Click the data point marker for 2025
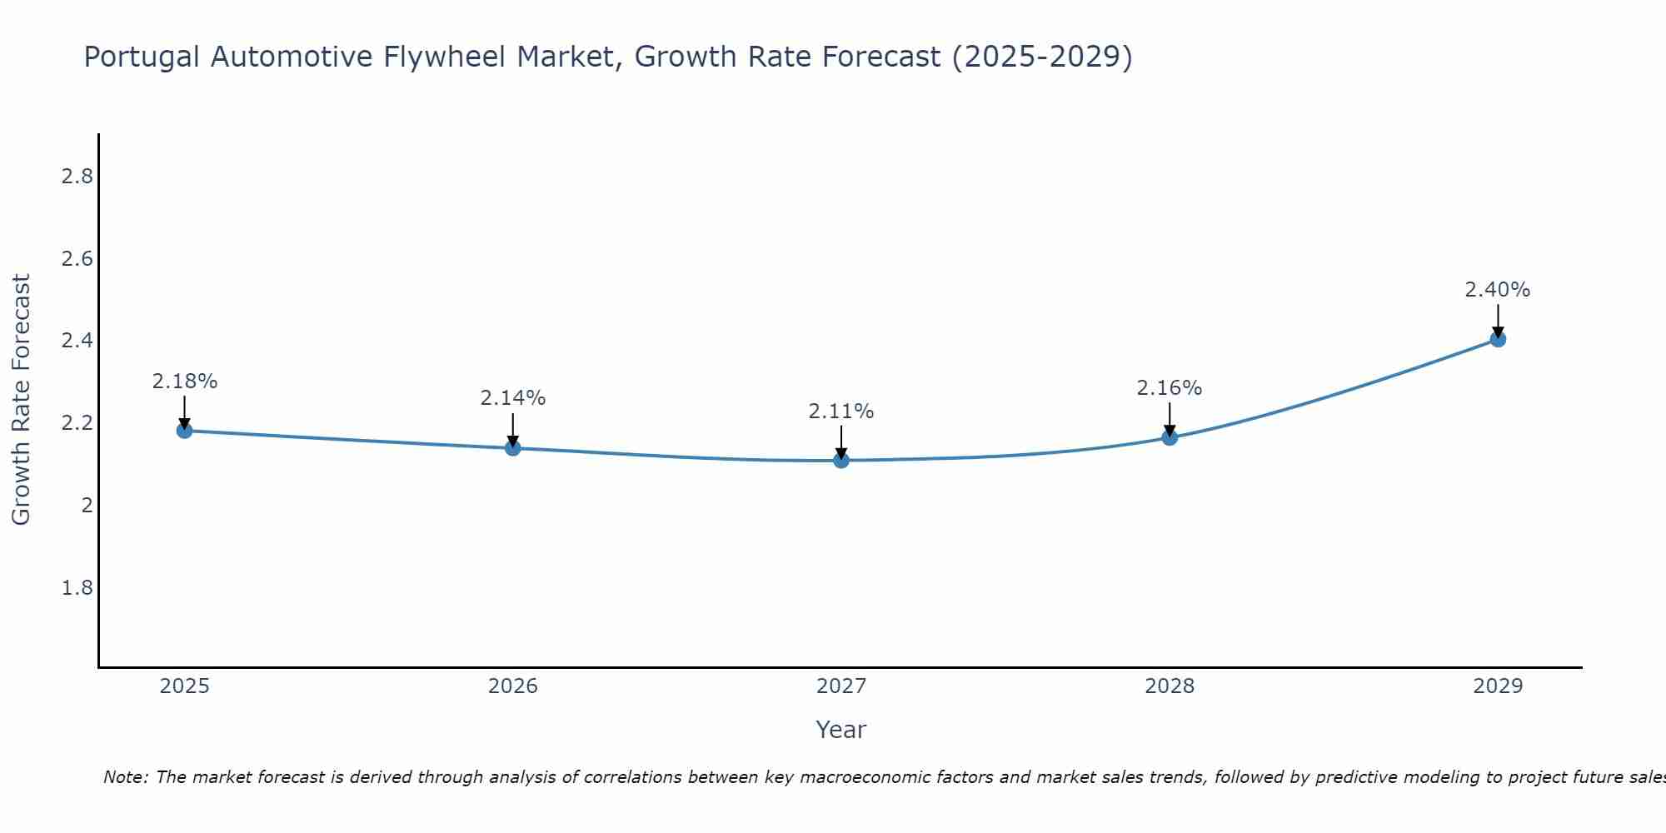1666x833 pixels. point(185,431)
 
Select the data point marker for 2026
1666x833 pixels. point(513,448)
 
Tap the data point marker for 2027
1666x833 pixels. point(841,460)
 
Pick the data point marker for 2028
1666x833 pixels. point(1170,437)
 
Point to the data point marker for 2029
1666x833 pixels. point(1498,339)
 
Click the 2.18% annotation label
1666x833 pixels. point(185,382)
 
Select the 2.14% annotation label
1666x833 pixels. point(513,398)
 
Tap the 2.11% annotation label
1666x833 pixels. point(841,412)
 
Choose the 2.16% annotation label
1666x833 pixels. point(1170,388)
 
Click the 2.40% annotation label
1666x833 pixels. point(1498,290)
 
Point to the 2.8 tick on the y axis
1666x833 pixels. point(77,177)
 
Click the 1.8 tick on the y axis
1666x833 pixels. point(77,588)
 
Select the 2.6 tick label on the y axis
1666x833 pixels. point(77,259)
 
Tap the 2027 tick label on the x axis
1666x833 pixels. point(841,686)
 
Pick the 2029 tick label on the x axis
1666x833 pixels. point(1498,686)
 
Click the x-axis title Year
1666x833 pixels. point(841,730)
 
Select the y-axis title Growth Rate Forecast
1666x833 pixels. point(22,400)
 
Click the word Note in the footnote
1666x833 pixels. point(125,777)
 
